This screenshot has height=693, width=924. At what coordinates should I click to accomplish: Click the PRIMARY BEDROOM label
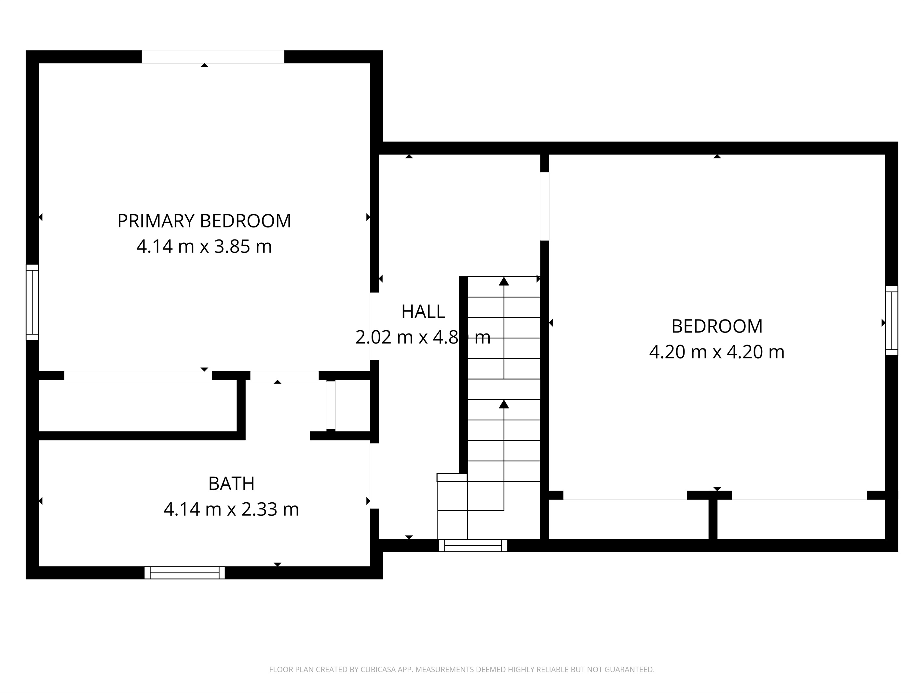204,221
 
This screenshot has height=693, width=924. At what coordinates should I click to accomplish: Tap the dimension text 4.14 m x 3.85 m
204,247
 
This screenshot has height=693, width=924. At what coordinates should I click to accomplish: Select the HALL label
423,312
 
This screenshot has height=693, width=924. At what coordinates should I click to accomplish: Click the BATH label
231,484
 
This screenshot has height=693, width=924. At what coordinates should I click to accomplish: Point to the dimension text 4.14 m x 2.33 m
231,509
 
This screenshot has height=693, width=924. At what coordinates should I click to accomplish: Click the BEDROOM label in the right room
716,326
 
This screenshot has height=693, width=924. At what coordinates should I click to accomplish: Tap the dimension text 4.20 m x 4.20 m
716,352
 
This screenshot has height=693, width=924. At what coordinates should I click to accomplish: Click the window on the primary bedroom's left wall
32,302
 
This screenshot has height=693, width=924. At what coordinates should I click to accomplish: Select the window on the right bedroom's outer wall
891,320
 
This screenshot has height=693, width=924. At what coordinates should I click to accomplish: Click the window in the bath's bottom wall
184,572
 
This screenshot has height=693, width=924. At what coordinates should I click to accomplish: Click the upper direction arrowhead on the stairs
504,281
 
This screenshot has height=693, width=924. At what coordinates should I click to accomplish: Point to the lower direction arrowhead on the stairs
504,404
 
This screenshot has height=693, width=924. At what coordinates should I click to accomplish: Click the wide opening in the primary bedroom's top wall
213,57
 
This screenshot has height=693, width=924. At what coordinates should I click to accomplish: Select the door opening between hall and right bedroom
544,206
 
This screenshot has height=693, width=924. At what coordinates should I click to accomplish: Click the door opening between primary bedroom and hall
374,326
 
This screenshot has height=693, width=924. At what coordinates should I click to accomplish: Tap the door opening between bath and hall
374,476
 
